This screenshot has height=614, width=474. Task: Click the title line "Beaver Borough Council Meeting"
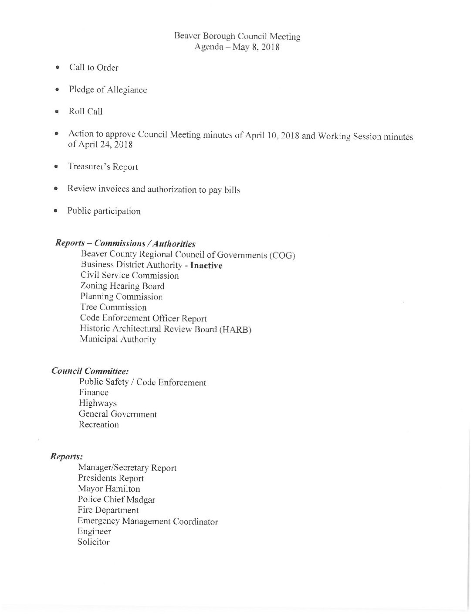(237, 37)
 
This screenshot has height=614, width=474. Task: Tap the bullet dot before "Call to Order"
(58, 68)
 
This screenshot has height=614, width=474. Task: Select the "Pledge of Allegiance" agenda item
(108, 90)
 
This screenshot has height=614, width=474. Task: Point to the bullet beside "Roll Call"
(57, 112)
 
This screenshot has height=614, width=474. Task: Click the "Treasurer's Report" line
(103, 167)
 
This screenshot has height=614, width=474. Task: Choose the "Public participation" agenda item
(104, 211)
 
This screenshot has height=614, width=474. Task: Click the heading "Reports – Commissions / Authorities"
(125, 244)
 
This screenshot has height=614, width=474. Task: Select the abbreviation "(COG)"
(282, 256)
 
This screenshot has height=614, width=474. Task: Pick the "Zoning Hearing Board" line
(122, 286)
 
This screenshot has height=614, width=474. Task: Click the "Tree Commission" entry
(113, 307)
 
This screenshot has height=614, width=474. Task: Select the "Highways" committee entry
(98, 403)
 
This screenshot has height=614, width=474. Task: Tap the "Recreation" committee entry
(98, 425)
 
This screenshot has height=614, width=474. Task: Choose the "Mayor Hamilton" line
(109, 489)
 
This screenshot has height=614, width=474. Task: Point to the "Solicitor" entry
(94, 542)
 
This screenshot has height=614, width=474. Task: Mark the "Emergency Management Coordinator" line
(148, 521)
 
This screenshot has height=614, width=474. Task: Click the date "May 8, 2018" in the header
(257, 48)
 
